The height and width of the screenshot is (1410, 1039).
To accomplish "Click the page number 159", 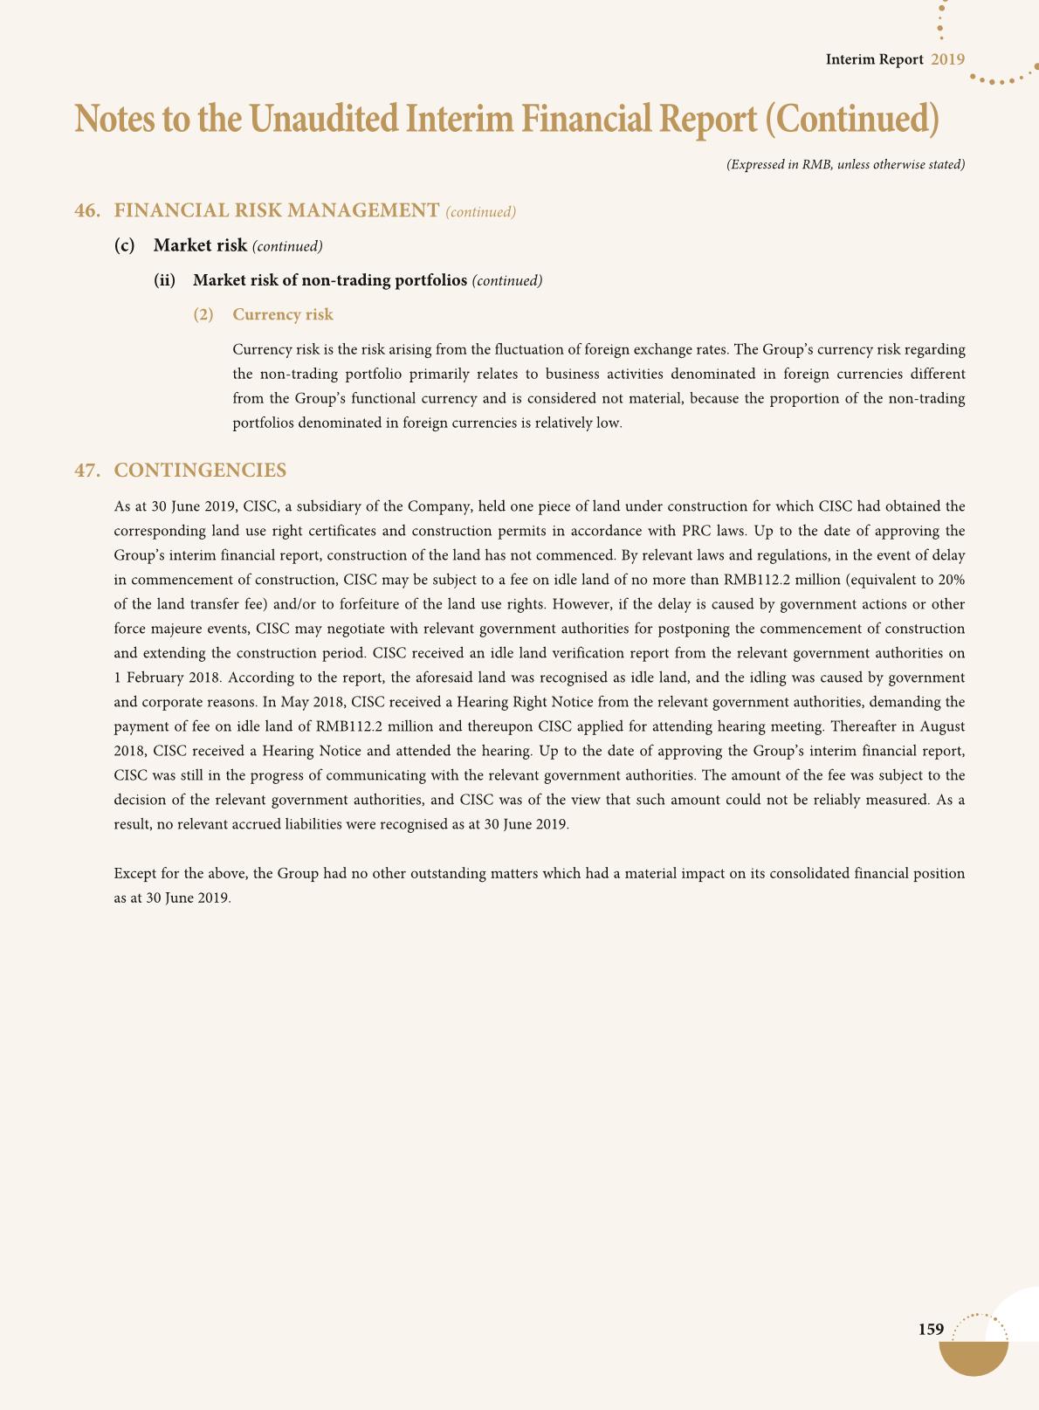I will click(931, 1329).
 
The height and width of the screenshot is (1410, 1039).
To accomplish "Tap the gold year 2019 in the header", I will click(947, 59).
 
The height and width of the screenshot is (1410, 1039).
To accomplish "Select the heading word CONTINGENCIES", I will click(200, 471).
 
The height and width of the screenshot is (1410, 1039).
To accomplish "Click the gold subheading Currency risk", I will click(283, 314).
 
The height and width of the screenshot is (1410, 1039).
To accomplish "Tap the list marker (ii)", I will click(165, 280).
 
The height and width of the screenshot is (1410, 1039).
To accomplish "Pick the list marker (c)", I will click(125, 245).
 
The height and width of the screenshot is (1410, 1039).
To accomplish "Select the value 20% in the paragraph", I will click(951, 580).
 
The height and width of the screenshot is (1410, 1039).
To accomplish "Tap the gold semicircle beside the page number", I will click(974, 1358).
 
